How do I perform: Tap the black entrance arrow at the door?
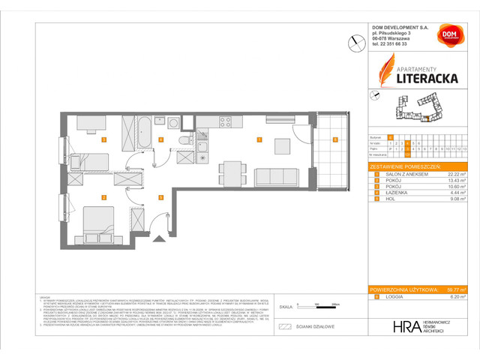pos(157,239)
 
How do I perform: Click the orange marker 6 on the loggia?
pos(335,139)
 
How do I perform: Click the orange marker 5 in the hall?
pos(161,197)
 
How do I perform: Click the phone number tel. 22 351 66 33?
pos(394,44)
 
